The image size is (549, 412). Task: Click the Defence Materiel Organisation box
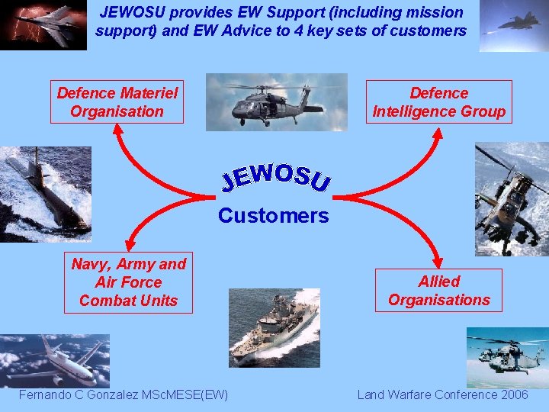click(117, 102)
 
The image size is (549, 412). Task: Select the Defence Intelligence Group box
click(438, 102)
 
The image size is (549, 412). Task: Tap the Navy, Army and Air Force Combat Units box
click(128, 282)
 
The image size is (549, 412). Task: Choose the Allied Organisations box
click(438, 291)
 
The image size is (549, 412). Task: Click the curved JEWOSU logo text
click(276, 176)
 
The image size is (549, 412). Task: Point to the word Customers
click(273, 216)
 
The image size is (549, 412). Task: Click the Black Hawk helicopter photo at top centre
click(276, 102)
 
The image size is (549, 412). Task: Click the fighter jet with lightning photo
click(43, 24)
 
